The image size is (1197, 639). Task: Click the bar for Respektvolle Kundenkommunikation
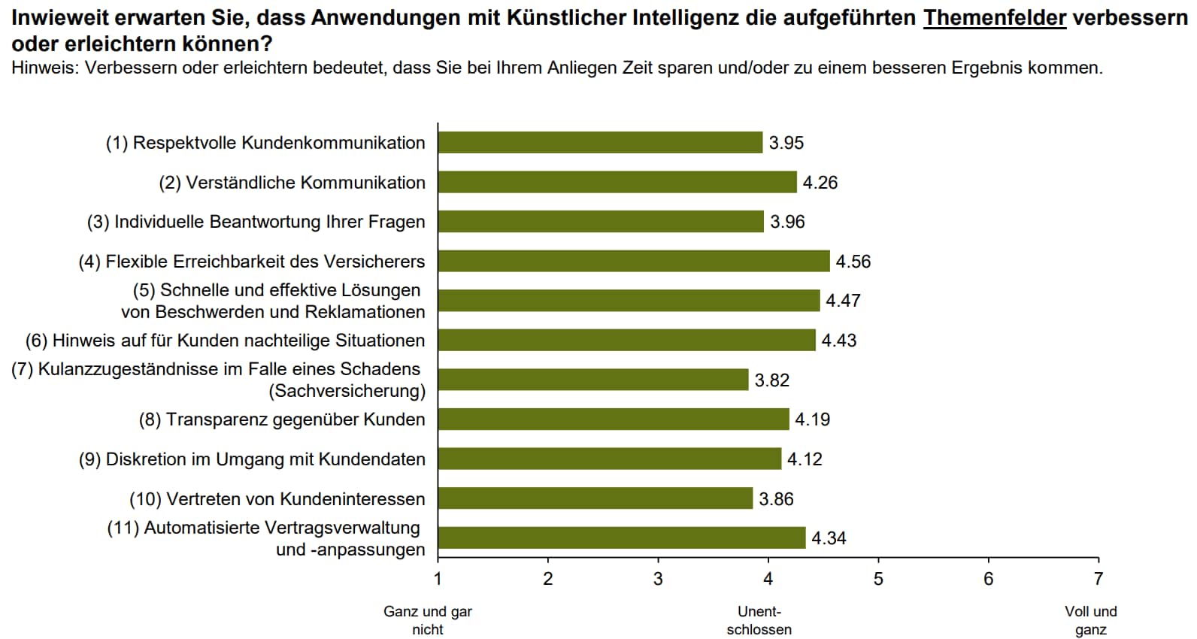[600, 142]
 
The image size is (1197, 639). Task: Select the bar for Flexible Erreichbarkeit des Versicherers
[634, 261]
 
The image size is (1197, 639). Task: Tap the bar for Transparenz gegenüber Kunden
[614, 419]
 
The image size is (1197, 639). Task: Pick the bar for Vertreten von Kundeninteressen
[595, 498]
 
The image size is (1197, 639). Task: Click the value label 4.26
[820, 183]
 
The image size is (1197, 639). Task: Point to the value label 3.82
[772, 380]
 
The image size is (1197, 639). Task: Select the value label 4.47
[843, 301]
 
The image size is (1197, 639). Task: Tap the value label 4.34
[829, 538]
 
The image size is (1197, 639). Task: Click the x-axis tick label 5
[878, 579]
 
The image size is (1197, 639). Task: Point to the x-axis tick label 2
[548, 579]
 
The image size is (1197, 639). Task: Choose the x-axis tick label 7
[1099, 579]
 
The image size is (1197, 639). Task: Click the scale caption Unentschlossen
[759, 620]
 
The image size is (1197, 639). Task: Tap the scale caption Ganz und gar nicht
[428, 620]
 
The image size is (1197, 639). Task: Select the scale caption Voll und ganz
[1091, 620]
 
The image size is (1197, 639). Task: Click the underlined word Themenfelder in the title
[995, 17]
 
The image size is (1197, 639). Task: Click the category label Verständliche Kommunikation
[292, 183]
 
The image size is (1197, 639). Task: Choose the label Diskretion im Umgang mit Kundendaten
[252, 459]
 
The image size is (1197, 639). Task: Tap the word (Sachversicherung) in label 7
[347, 391]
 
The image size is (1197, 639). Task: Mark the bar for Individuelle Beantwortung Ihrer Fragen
[601, 221]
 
